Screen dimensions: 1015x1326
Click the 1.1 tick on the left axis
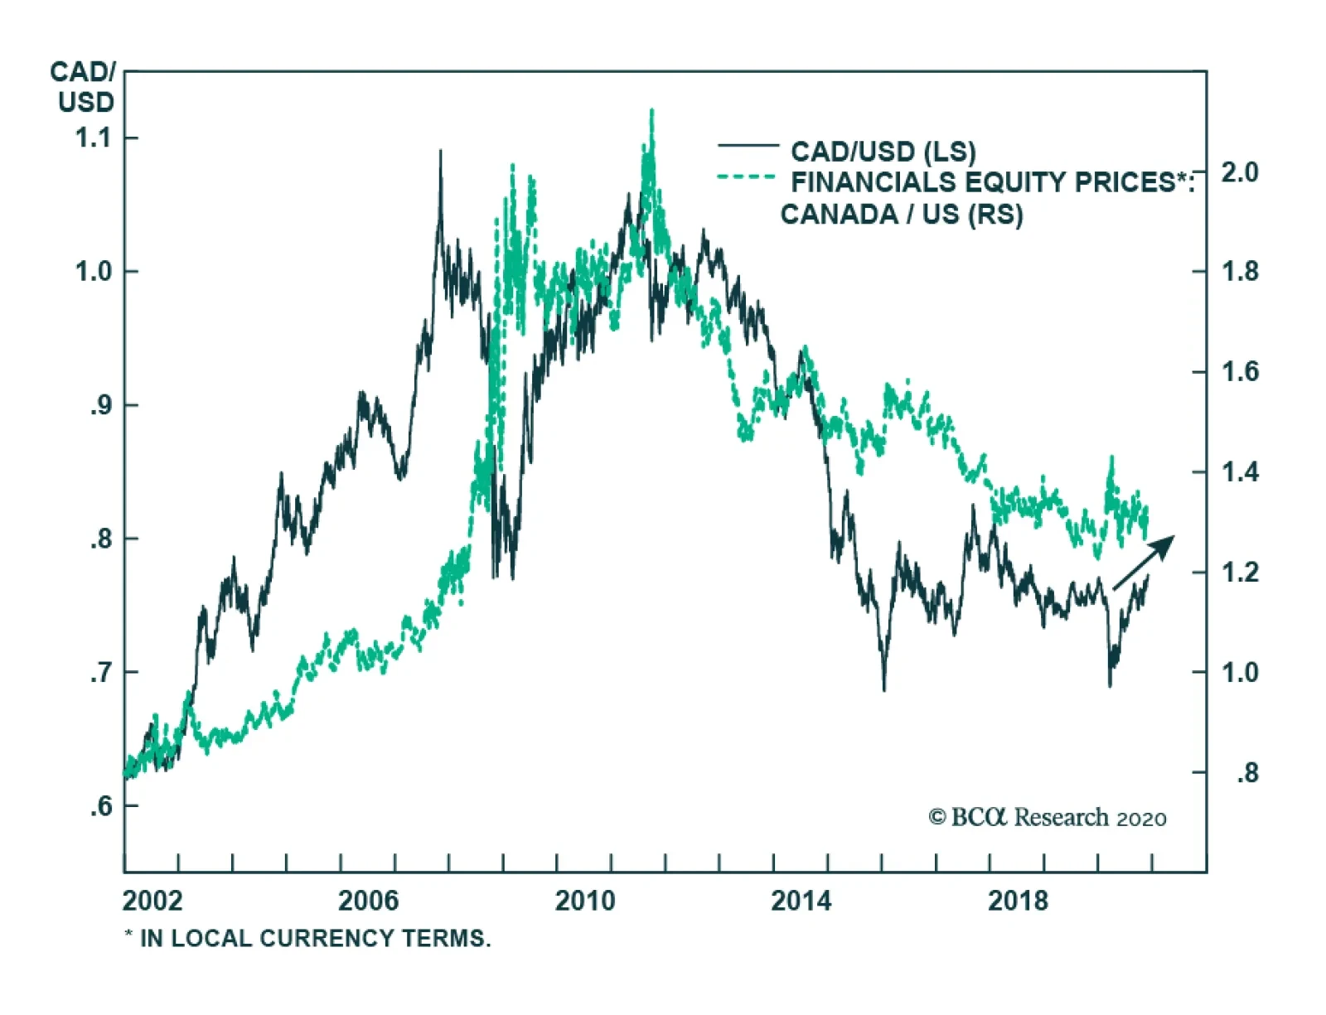(x=93, y=138)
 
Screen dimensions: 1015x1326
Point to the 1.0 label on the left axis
(x=93, y=272)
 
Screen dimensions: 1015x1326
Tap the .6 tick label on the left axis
(x=100, y=805)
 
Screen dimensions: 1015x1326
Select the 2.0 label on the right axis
(x=1240, y=172)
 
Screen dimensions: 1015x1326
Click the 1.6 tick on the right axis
(x=1240, y=372)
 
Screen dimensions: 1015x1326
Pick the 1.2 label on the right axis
(x=1240, y=573)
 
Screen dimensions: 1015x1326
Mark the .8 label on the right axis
(x=1247, y=773)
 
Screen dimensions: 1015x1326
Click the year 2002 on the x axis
(x=152, y=901)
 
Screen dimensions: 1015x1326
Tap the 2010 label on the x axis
(x=585, y=901)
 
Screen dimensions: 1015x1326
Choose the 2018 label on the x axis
(x=1018, y=901)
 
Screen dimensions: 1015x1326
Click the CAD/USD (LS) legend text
(x=883, y=152)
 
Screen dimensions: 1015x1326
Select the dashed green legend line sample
(x=747, y=177)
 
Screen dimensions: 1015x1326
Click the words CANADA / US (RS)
(x=902, y=215)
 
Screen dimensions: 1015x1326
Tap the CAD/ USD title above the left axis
(x=84, y=87)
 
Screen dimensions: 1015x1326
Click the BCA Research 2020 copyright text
(x=1048, y=818)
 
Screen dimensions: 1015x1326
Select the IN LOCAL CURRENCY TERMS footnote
(x=308, y=939)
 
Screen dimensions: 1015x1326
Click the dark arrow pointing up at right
(x=1145, y=562)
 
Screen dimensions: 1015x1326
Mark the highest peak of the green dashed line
(x=652, y=110)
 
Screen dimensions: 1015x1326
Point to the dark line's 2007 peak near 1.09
(x=440, y=152)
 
